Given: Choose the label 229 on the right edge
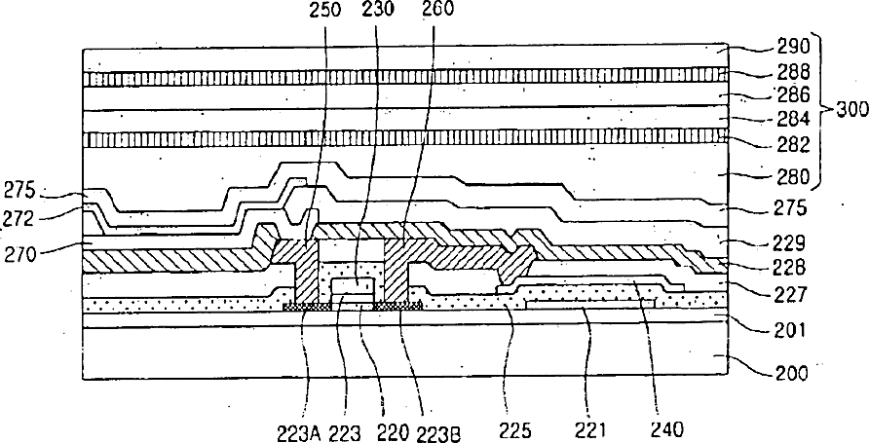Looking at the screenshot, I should [782, 242].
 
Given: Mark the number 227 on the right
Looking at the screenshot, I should [782, 291].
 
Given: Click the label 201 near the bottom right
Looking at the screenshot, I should [782, 331].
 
